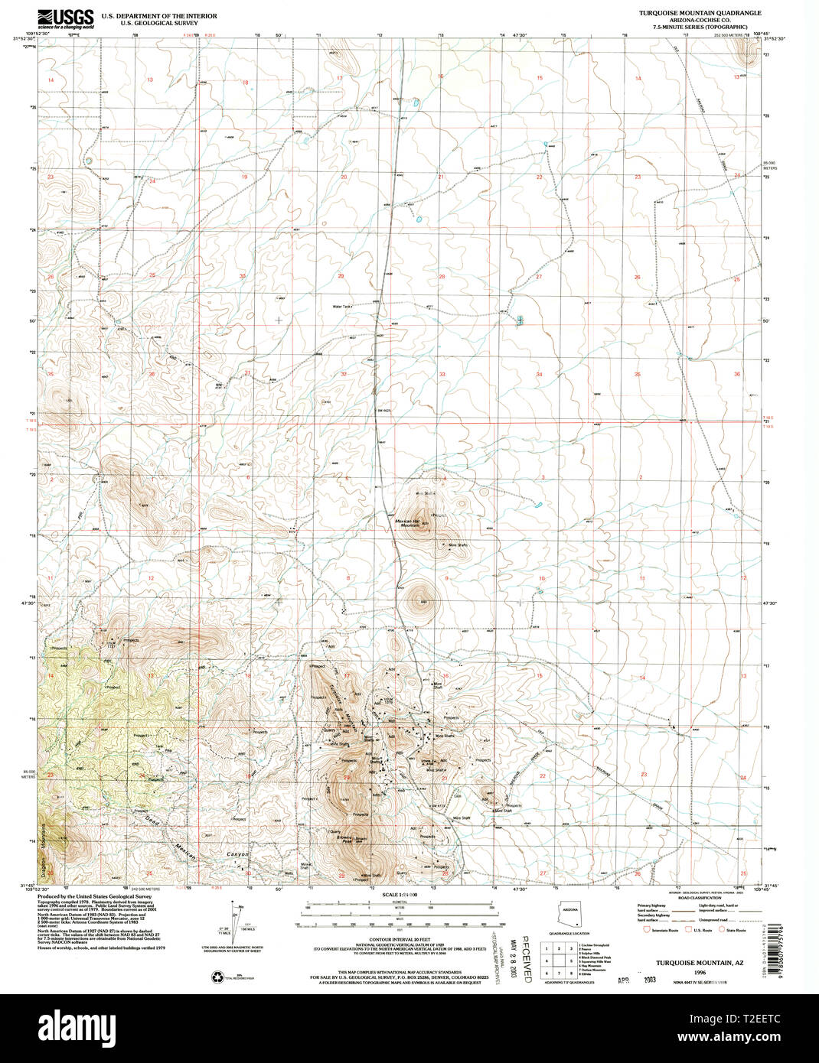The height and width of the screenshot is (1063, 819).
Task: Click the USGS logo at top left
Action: pyautogui.click(x=66, y=18)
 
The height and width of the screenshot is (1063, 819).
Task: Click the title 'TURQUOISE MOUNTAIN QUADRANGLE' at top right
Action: pyautogui.click(x=700, y=13)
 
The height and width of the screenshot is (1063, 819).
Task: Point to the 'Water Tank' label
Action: pyautogui.click(x=341, y=307)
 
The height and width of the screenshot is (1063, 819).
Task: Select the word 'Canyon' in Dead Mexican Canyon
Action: pyautogui.click(x=237, y=853)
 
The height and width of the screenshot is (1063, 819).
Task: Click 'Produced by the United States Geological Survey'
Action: pyautogui.click(x=96, y=896)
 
